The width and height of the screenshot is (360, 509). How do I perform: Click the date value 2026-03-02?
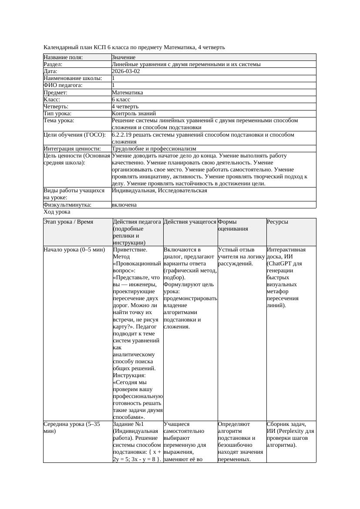pos(126,71)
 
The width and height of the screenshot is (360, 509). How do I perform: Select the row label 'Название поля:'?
pos(63,57)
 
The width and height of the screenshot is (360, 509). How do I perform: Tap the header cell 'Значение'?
pos(124,57)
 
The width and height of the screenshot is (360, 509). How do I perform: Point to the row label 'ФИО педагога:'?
pos(63,85)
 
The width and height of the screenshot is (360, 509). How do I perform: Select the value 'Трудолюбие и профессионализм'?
pos(154,149)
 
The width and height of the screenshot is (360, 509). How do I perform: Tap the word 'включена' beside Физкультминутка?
pos(124,205)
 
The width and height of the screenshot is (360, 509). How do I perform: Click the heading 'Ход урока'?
pos(57,212)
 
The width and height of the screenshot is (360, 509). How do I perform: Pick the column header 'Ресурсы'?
pos(278,222)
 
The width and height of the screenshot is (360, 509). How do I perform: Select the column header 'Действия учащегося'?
pos(190,222)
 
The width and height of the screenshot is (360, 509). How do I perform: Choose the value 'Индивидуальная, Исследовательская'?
pos(159,191)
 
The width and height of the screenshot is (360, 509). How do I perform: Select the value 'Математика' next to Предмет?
pos(127,93)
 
